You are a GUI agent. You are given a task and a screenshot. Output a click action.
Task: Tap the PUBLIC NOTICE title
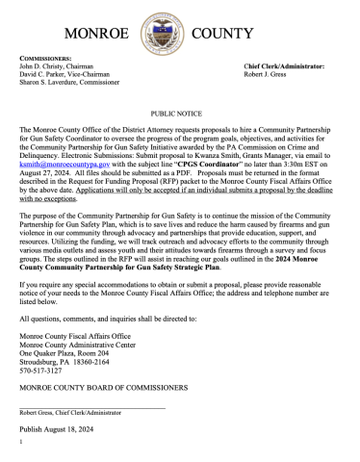click(x=179, y=112)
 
